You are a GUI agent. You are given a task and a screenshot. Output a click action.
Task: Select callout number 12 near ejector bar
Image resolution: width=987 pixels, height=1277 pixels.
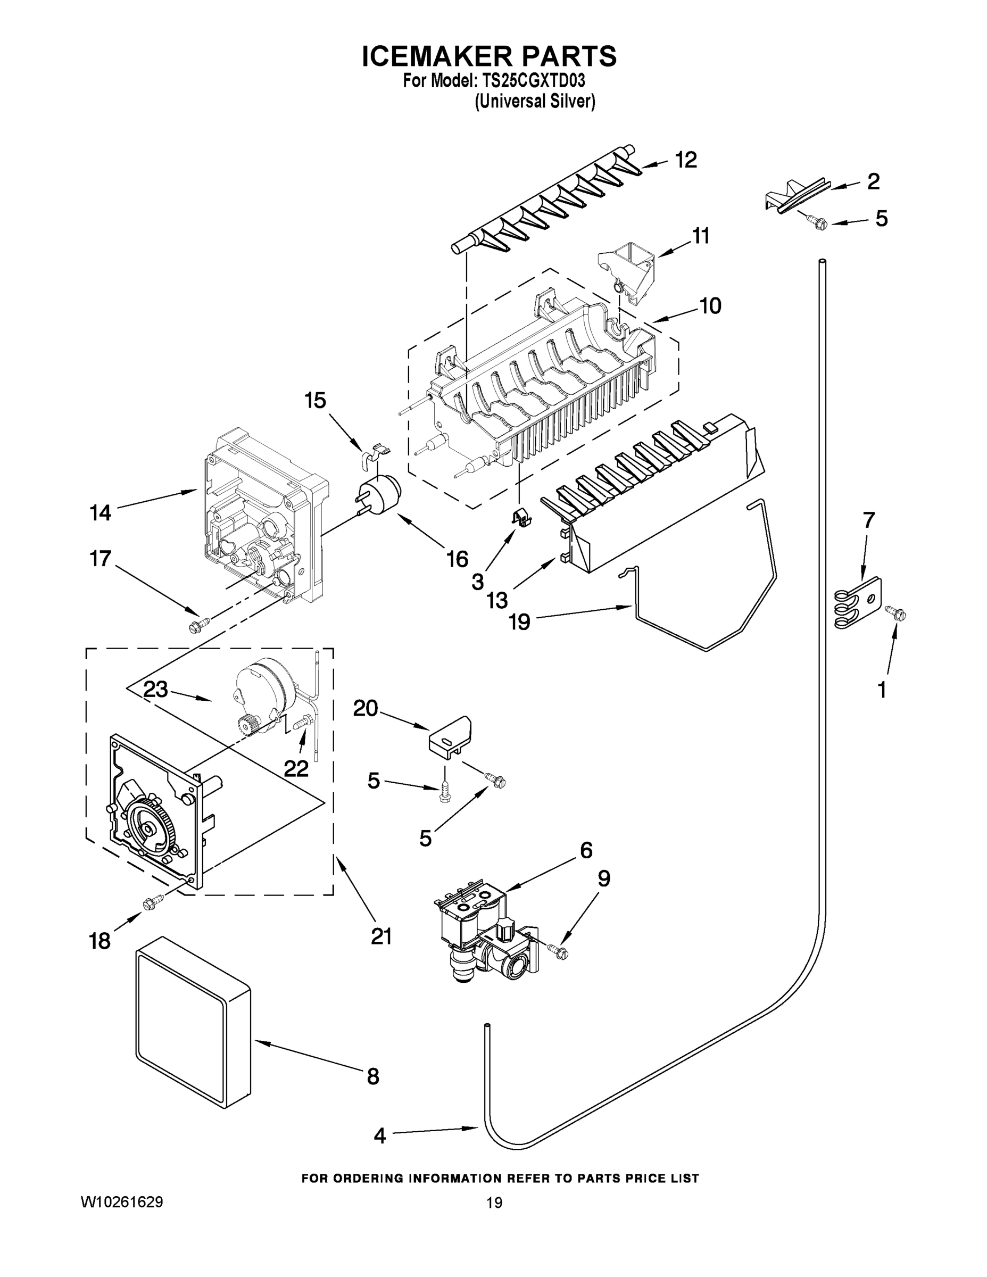point(686,160)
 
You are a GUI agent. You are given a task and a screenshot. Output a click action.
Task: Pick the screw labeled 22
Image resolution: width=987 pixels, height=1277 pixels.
point(302,723)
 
